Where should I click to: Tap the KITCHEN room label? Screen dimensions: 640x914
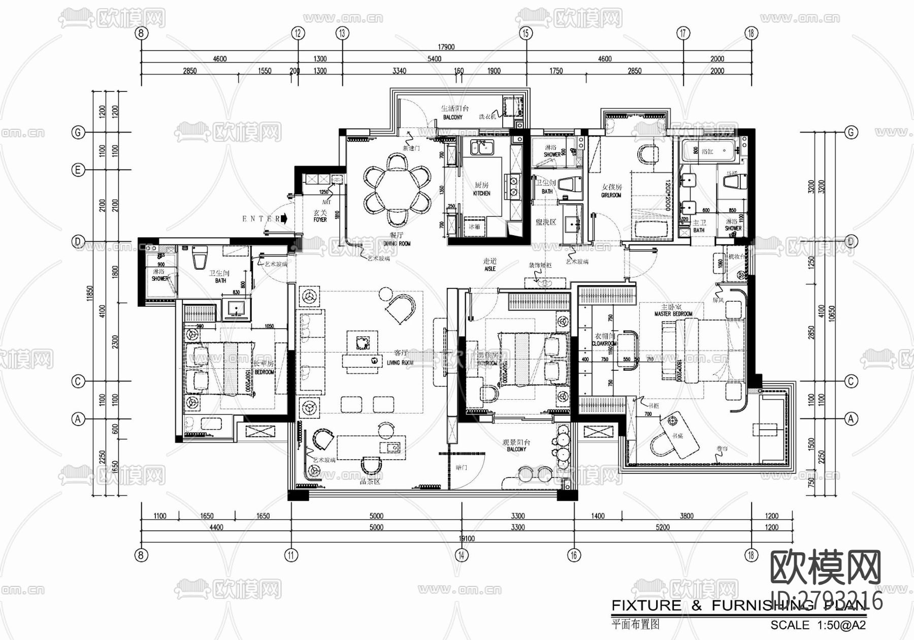[481, 194]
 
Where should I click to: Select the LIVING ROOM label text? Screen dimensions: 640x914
[400, 363]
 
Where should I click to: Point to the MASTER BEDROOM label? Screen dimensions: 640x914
[673, 314]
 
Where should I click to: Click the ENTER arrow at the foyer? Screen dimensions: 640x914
[284, 218]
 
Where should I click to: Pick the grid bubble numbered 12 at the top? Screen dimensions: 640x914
[298, 34]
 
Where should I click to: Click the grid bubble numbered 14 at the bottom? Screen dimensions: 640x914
[461, 555]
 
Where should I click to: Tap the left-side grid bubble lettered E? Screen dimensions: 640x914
[78, 170]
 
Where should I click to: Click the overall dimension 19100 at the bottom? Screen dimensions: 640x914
[466, 538]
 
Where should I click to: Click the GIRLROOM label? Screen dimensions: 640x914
[611, 195]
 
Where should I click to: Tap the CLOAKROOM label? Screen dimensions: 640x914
[604, 344]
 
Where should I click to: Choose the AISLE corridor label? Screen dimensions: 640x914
[489, 269]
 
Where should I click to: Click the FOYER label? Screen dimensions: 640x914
[320, 220]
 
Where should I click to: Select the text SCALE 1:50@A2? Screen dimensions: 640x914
[818, 626]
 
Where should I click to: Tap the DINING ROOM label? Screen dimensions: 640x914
[397, 244]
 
